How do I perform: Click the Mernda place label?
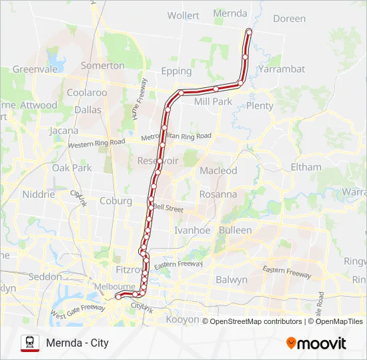pyautogui.click(x=230, y=13)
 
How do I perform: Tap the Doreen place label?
pyautogui.click(x=289, y=19)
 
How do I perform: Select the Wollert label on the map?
pyautogui.click(x=183, y=15)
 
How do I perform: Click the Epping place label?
pyautogui.click(x=176, y=71)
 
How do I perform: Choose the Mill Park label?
pyautogui.click(x=212, y=102)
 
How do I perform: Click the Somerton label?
pyautogui.click(x=102, y=65)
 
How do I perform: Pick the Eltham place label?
pyautogui.click(x=306, y=167)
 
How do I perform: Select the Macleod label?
pyautogui.click(x=218, y=171)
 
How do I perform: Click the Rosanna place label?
pyautogui.click(x=218, y=195)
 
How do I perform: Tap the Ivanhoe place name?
pyautogui.click(x=192, y=230)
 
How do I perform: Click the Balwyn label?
pyautogui.click(x=232, y=279)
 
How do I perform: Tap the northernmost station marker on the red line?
pyautogui.click(x=249, y=31)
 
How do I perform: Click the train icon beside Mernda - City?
pyautogui.click(x=30, y=343)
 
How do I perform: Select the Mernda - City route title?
pyautogui.click(x=77, y=343)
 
